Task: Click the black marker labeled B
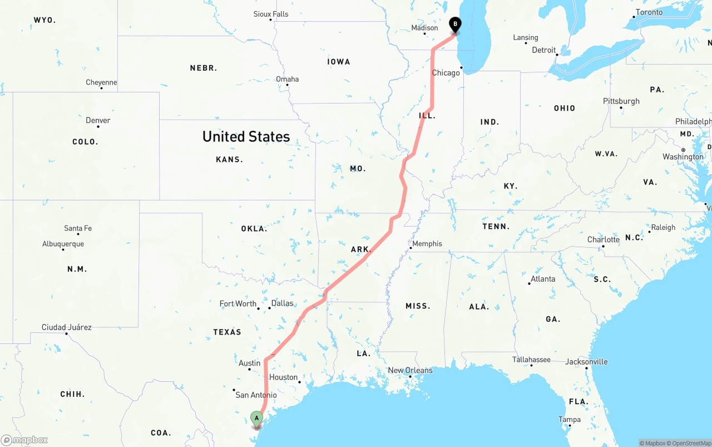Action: coord(455,24)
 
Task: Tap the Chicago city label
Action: coord(446,73)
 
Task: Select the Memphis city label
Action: coord(427,244)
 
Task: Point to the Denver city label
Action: coord(98,120)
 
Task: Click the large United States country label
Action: coord(246,136)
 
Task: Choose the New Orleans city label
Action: coord(410,370)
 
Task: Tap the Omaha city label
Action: coord(288,79)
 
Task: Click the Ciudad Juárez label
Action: coord(66,327)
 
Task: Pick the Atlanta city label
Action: coord(543,279)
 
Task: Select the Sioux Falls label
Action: coord(271,14)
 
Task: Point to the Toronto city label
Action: coord(649,12)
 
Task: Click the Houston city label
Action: coord(283,377)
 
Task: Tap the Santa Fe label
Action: coord(78,228)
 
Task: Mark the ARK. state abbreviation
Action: coord(361,249)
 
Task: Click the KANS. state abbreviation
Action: coord(229,159)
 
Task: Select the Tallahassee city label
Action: coord(531,360)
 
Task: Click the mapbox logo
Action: coord(24,440)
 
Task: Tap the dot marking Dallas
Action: coord(270,308)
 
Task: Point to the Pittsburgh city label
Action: coord(621,101)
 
